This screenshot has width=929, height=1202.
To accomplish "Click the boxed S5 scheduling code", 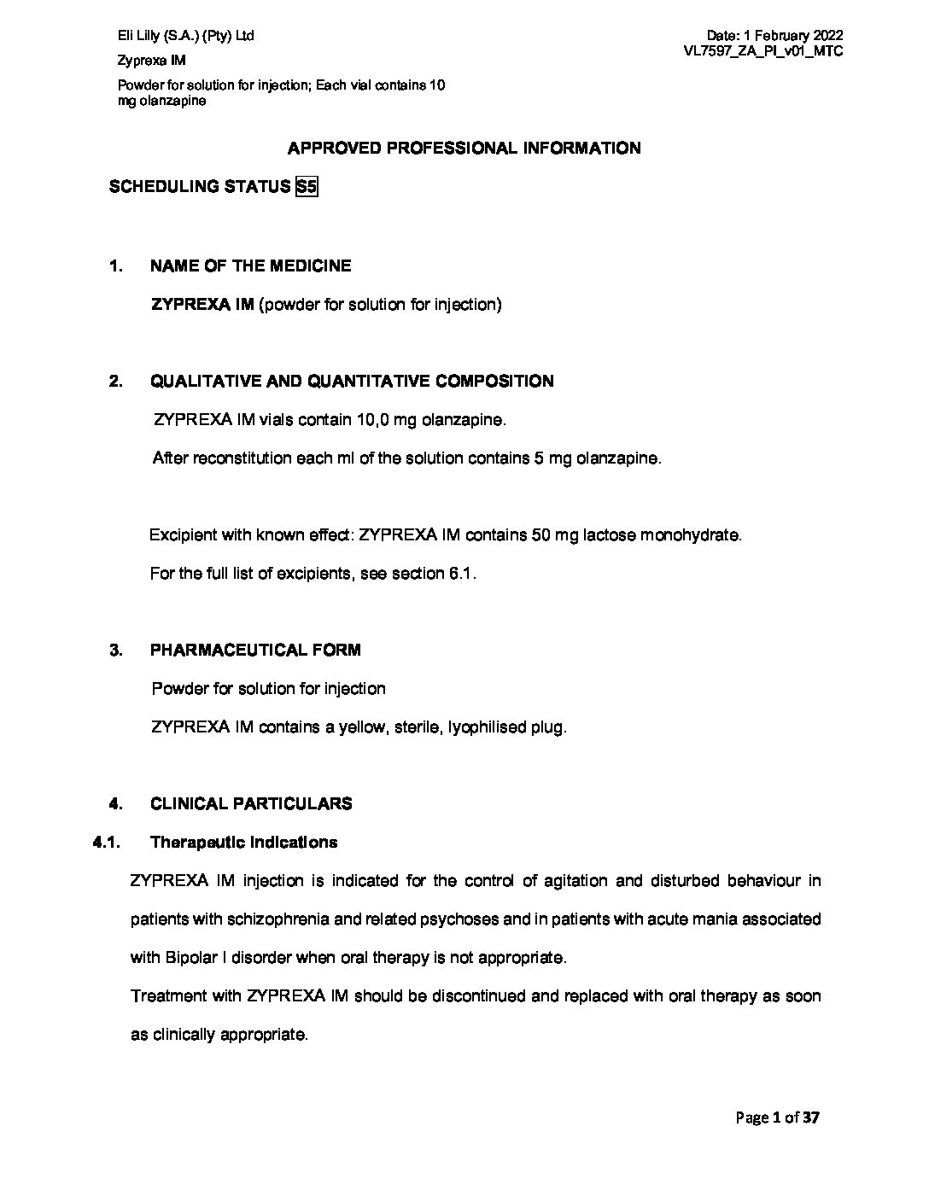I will pos(306,187).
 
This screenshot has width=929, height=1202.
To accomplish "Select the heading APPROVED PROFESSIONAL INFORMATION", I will pos(464,149).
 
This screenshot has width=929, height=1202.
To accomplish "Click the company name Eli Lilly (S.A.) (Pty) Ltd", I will pos(185,36).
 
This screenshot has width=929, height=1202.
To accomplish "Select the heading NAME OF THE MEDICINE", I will pos(250,266).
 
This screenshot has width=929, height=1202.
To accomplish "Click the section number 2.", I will pos(115,382).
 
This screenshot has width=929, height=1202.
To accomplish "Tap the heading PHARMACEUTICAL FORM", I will pos(255,651).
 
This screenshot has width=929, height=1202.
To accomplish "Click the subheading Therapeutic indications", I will pos(243,843).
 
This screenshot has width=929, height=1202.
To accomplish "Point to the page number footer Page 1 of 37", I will pos(777,1117).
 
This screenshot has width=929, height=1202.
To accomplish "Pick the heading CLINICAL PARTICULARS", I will pos(251,804).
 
